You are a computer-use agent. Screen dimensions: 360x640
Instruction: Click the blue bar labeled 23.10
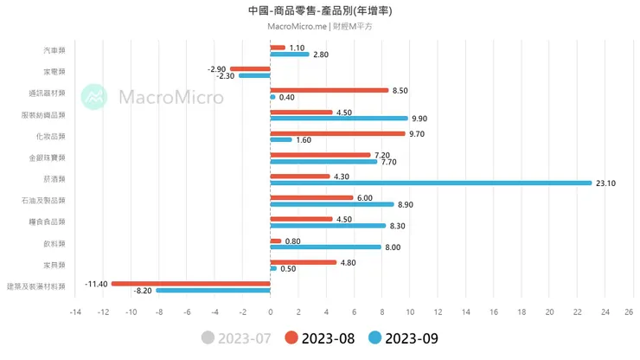pyautogui.click(x=431, y=183)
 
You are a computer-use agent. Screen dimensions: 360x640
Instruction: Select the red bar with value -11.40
pyautogui.click(x=190, y=283)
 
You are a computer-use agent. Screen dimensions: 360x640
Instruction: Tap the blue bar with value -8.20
pyautogui.click(x=213, y=291)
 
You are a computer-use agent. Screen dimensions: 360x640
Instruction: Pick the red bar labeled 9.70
pyautogui.click(x=337, y=133)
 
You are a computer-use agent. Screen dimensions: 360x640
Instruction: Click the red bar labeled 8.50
pyautogui.click(x=329, y=90)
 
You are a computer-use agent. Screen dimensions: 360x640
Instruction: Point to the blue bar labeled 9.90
pyautogui.click(x=339, y=119)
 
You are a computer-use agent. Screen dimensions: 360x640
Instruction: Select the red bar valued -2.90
pyautogui.click(x=250, y=68)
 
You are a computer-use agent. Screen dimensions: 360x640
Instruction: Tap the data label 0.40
pyautogui.click(x=287, y=97)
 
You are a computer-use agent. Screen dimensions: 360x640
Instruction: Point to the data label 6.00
pyautogui.click(x=365, y=197)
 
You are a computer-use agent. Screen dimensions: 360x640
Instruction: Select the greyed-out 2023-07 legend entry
pyautogui.click(x=236, y=338)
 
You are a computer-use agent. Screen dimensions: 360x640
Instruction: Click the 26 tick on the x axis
pyautogui.click(x=630, y=312)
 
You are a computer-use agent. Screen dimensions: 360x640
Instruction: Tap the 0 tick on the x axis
pyautogui.click(x=270, y=312)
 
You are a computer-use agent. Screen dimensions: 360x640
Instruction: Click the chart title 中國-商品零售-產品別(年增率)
pyautogui.click(x=320, y=10)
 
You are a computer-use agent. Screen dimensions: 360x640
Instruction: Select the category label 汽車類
pyautogui.click(x=54, y=51)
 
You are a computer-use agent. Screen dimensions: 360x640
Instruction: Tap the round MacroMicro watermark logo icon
pyautogui.click(x=94, y=97)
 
